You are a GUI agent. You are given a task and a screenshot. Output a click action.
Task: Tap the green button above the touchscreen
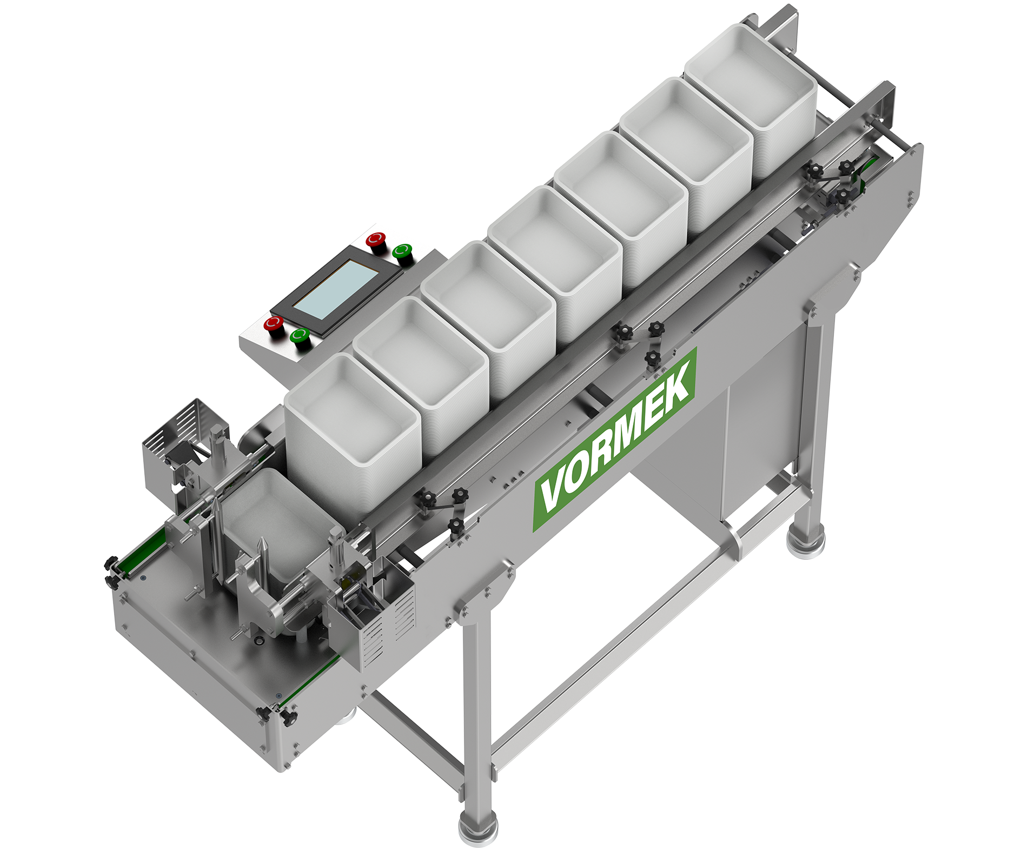[402, 252]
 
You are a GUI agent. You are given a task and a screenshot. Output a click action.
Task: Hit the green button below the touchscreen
[300, 336]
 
